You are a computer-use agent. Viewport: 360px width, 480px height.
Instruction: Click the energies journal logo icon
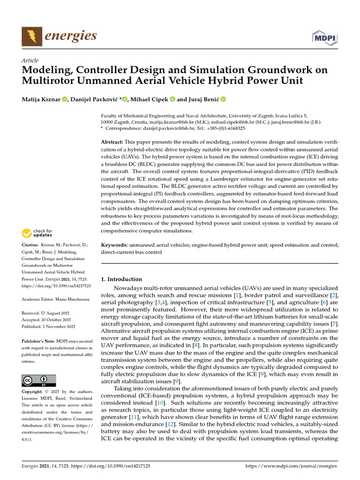pyautogui.click(x=31, y=36)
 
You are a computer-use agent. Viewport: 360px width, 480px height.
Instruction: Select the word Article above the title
pyautogui.click(x=30, y=61)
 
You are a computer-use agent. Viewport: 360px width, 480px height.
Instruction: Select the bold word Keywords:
pyautogui.click(x=114, y=245)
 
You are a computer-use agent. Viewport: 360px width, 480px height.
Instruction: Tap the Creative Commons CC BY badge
pyautogui.click(x=39, y=380)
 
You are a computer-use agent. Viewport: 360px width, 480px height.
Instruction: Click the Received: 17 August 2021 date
pyautogui.click(x=48, y=313)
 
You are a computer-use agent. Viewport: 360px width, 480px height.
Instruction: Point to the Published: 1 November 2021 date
pyautogui.click(x=49, y=326)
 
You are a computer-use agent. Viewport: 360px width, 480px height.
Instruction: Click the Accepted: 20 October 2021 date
pyautogui.click(x=48, y=319)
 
